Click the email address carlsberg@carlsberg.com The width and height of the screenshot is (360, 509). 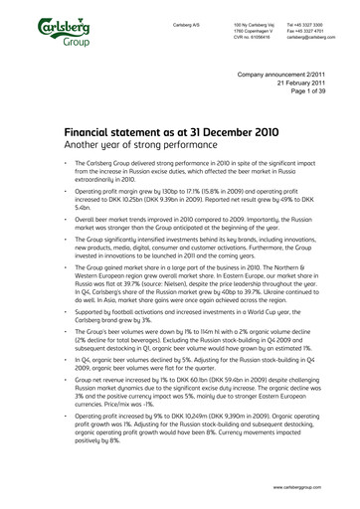click(310, 36)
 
